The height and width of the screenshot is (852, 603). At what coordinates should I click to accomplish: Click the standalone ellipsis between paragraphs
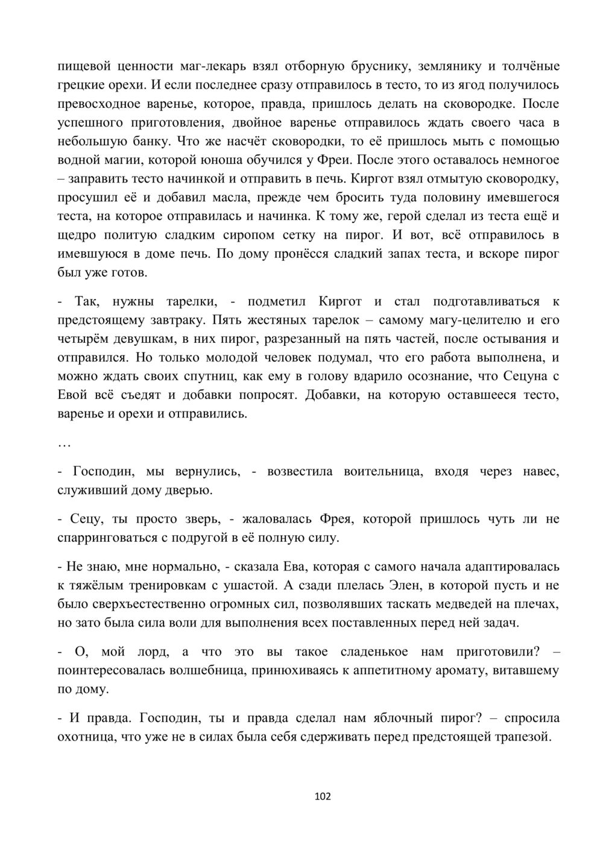pos(64,444)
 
